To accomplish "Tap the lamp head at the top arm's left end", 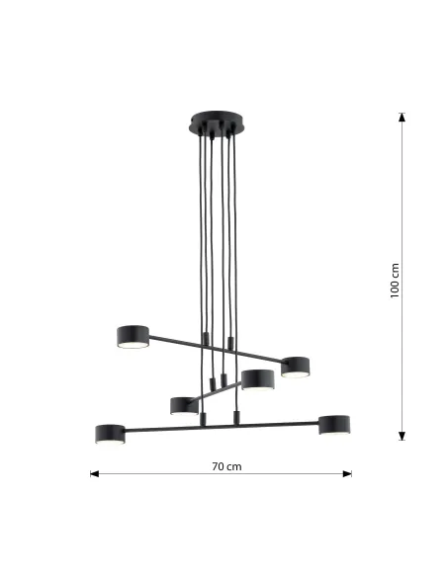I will [133, 335].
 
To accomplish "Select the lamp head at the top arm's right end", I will [296, 366].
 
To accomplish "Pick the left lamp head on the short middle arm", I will [184, 405].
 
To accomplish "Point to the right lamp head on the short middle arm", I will [258, 378].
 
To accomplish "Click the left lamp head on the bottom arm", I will [110, 433].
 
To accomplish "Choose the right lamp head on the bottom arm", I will [335, 424].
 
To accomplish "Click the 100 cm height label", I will [396, 281].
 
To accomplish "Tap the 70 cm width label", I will [226, 465].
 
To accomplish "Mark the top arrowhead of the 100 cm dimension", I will [402, 118].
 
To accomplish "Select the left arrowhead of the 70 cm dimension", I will [95, 474].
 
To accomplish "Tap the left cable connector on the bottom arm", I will [203, 420].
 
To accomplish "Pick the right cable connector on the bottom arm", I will [234, 416].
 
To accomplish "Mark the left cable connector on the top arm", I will [205, 340].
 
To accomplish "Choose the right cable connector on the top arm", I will [230, 343].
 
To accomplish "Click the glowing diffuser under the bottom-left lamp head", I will [110, 442].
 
